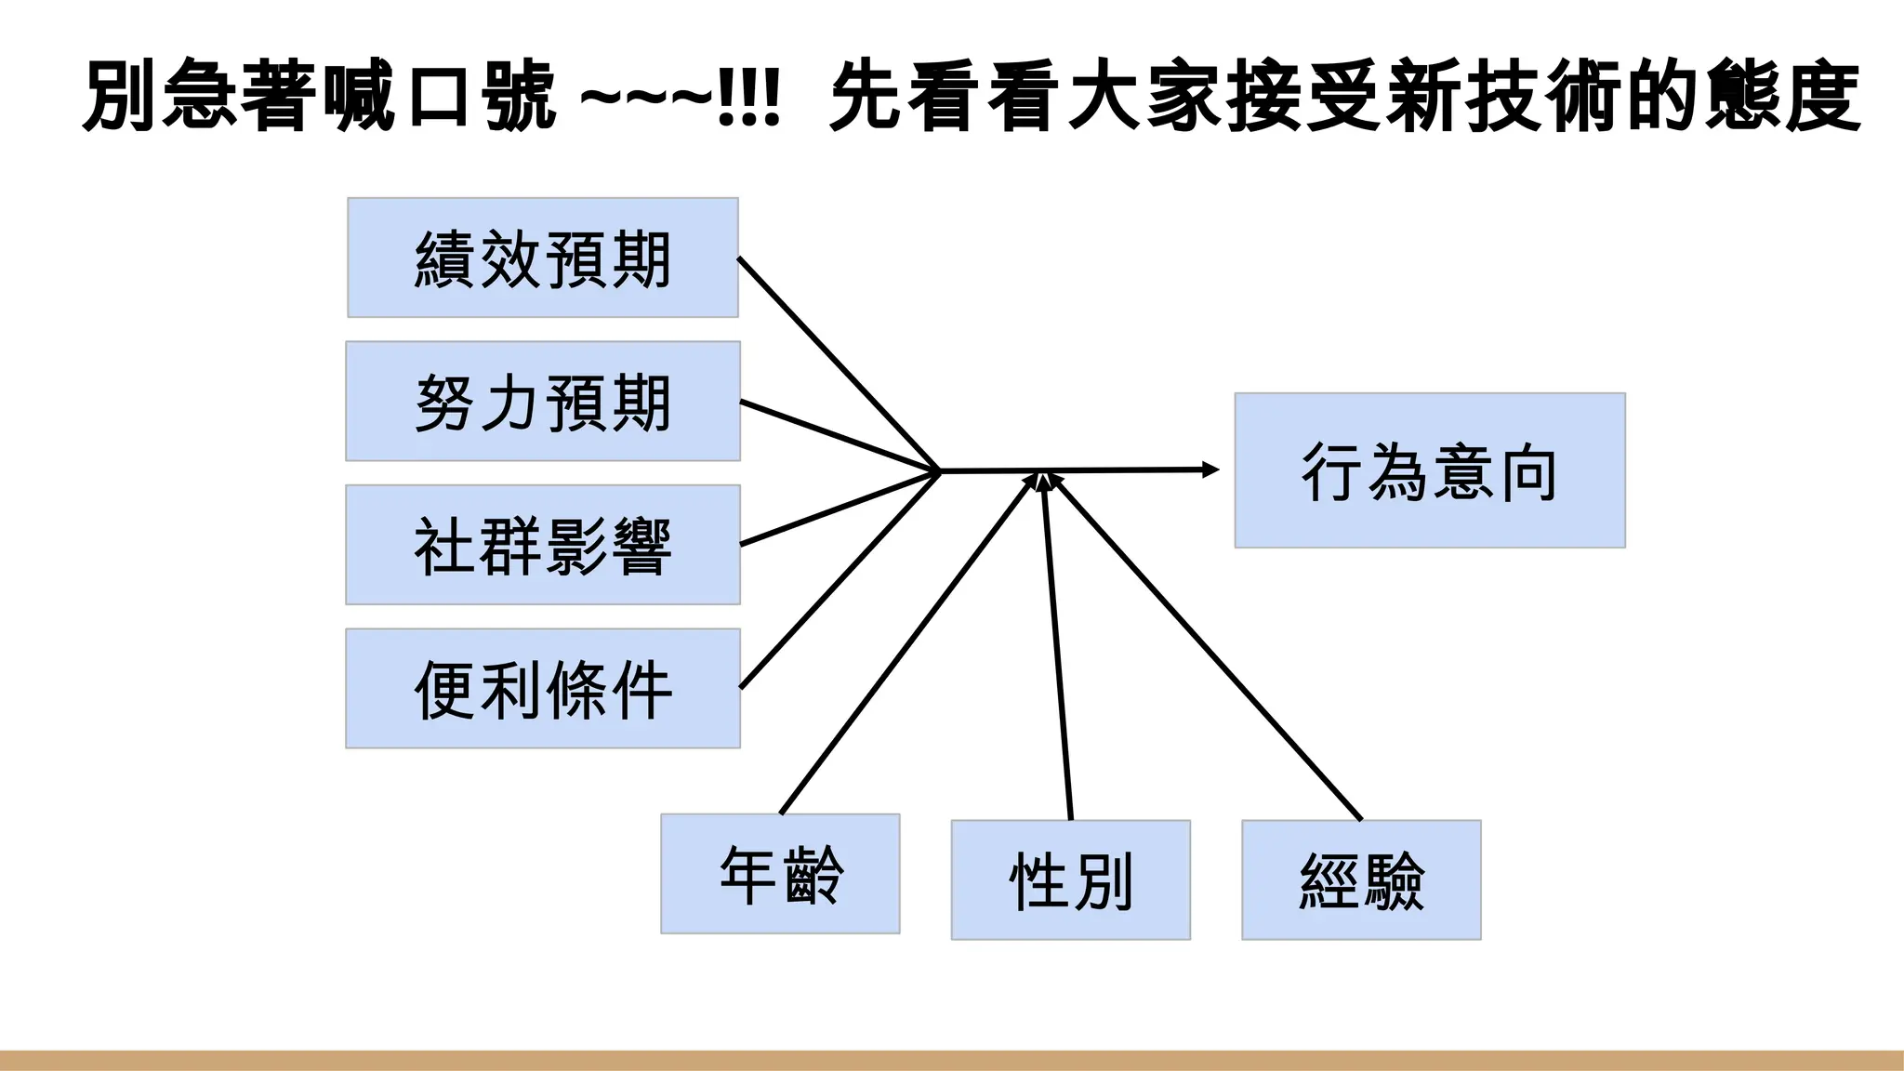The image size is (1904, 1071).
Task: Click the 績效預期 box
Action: tap(543, 258)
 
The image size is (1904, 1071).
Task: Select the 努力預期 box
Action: tap(543, 402)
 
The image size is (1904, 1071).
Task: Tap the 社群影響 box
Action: tap(543, 545)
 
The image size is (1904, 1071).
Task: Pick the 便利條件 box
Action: tap(543, 689)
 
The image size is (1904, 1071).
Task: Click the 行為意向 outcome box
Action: tap(1430, 470)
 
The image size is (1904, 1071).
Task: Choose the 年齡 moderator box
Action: tap(780, 874)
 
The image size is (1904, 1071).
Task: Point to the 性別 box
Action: tap(1070, 879)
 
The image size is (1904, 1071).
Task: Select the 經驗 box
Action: tap(1361, 879)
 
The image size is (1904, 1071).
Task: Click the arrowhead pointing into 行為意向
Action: tap(1210, 469)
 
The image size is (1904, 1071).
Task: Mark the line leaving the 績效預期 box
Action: tap(837, 363)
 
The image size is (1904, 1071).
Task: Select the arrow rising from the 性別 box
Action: tap(1058, 651)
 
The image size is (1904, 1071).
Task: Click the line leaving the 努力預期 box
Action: tap(837, 435)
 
